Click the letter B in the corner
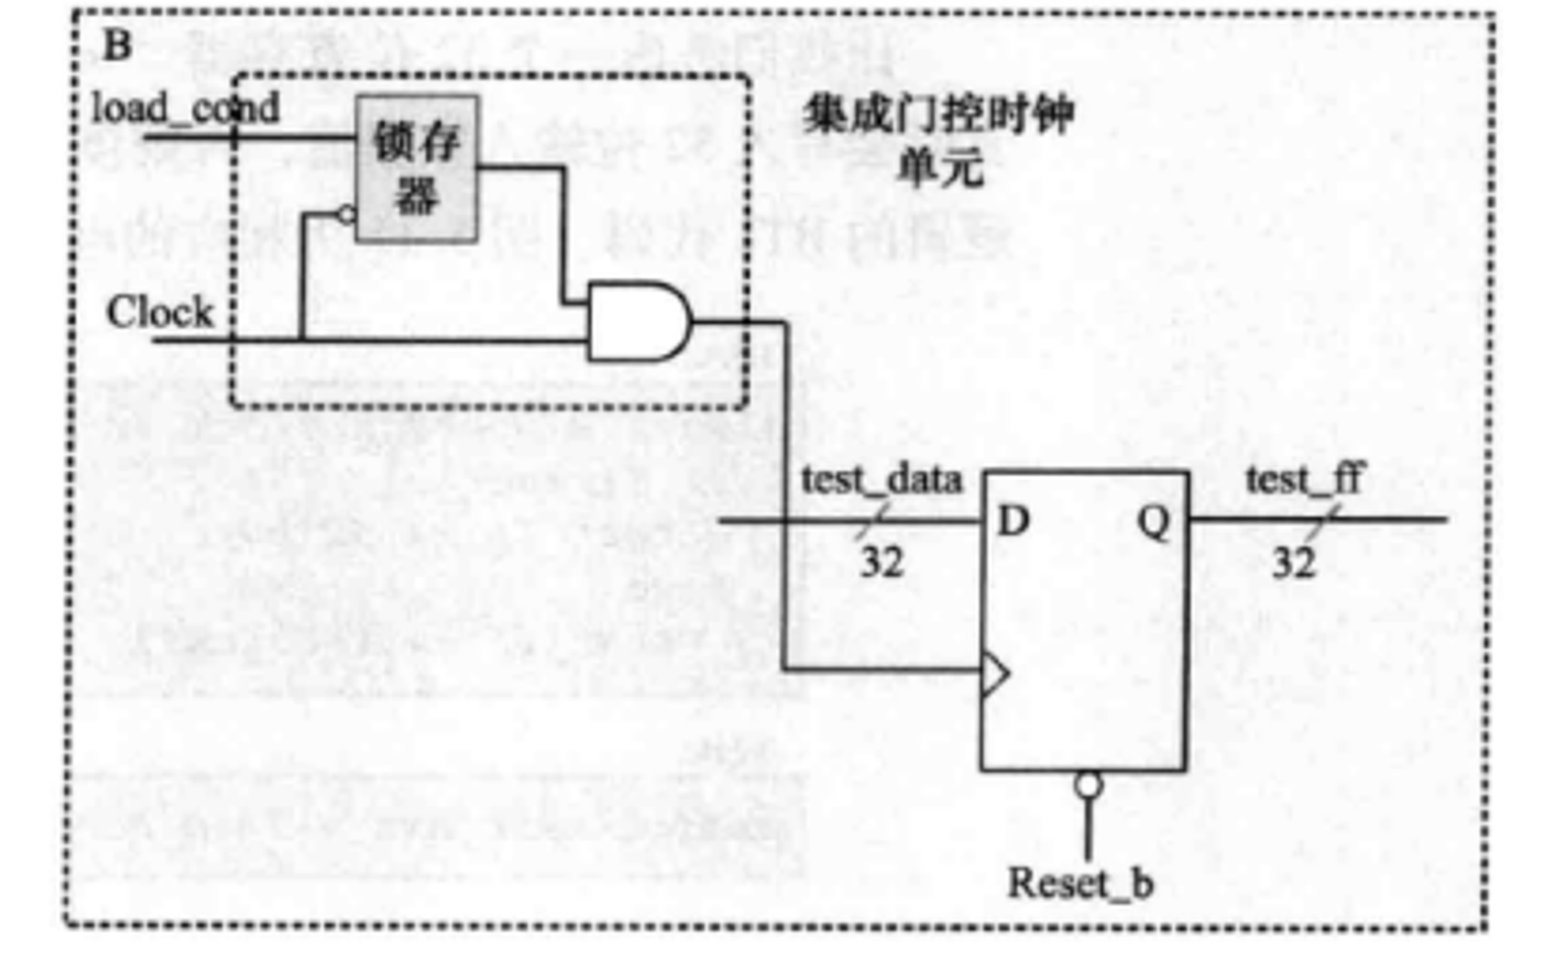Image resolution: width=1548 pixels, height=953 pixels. point(117,46)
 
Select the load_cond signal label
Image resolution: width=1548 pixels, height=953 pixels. point(186,109)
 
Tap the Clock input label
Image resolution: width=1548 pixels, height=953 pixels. point(159,313)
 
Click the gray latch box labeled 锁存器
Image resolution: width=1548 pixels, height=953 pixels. point(416,169)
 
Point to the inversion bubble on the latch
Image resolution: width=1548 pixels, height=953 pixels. point(347,214)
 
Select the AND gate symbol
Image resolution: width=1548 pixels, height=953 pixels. point(637,321)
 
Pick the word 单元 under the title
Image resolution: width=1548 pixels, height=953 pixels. point(940,166)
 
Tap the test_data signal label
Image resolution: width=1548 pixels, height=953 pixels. point(882,480)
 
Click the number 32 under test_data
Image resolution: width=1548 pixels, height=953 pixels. point(882,562)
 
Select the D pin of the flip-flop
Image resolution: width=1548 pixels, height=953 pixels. point(1013,521)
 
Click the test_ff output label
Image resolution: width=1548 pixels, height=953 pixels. point(1303,479)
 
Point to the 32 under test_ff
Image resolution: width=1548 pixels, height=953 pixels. point(1293,562)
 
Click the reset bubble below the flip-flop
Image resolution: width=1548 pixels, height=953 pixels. point(1087,785)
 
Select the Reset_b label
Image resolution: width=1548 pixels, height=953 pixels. point(1081,883)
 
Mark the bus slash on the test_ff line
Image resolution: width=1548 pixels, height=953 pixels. point(1322,521)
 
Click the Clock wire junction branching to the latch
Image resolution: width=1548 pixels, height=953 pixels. point(302,339)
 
